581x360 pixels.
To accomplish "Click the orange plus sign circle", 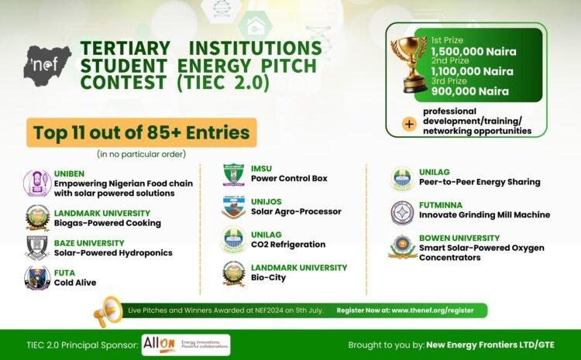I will pos(408,122).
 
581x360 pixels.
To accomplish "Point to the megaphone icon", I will pos(108,310).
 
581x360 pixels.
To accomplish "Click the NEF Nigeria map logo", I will pos(46,65).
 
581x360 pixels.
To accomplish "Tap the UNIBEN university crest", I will pos(36,183).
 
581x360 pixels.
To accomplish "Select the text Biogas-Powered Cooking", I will pos(108,223).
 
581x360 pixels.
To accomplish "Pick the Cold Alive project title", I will pos(75,283).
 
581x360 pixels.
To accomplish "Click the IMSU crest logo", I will pos(233,174).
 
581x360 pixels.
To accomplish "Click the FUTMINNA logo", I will pos(402,211).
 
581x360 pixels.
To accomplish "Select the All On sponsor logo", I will pos(186,345).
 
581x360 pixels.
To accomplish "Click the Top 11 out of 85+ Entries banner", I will pos(141,133).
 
